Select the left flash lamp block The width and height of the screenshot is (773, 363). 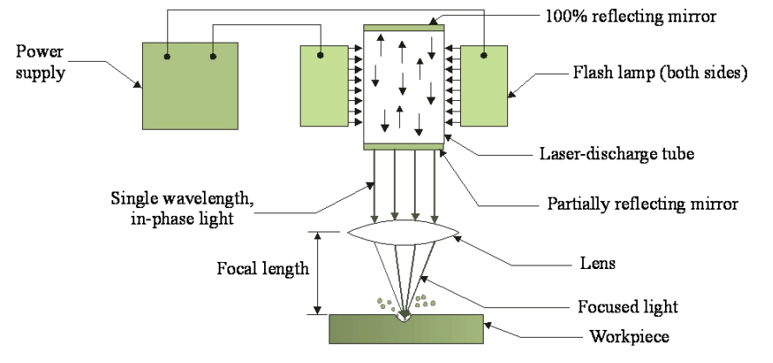coord(323,85)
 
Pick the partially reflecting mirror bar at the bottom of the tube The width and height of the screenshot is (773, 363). coord(403,145)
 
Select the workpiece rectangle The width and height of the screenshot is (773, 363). coord(405,328)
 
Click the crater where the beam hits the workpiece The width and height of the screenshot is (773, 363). coord(403,316)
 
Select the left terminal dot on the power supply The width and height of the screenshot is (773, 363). coord(166,57)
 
